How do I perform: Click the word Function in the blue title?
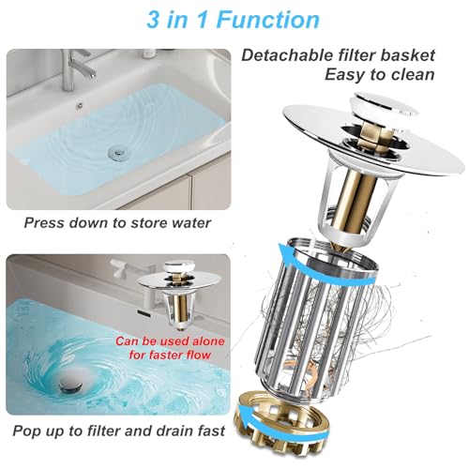click(267, 20)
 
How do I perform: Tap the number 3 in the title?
click(153, 20)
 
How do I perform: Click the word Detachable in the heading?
click(288, 55)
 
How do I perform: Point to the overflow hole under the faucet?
click(80, 106)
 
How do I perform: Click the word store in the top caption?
click(147, 223)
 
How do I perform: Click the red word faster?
click(167, 356)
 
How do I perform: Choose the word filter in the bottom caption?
click(105, 431)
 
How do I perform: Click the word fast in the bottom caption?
click(211, 431)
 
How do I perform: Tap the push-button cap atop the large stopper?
click(382, 106)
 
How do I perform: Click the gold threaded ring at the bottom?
click(282, 421)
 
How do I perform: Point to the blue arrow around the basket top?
click(325, 265)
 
